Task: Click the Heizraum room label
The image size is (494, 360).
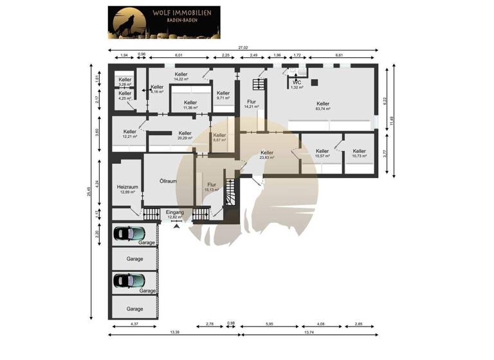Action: (127, 186)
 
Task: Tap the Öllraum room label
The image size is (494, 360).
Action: (168, 181)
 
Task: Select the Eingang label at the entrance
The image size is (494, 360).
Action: (175, 212)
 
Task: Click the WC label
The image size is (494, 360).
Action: (297, 82)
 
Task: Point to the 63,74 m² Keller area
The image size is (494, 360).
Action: (323, 109)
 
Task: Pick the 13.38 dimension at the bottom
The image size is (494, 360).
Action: (174, 332)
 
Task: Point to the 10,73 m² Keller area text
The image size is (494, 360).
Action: (359, 156)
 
